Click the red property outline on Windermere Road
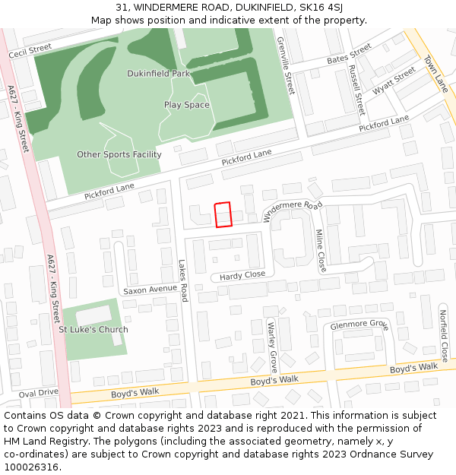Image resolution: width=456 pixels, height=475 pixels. [223, 214]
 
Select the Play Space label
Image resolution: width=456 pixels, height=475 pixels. [187, 105]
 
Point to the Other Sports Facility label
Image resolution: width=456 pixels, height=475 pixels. [119, 155]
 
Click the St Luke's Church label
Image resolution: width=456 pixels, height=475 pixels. [93, 330]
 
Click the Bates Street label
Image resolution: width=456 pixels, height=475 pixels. [349, 54]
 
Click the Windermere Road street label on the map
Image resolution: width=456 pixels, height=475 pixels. [293, 211]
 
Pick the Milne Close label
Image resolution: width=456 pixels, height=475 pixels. [321, 251]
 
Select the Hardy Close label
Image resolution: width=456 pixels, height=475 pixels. [242, 275]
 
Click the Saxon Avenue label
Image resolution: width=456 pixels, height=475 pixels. [150, 290]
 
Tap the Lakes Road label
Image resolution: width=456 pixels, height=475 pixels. [182, 281]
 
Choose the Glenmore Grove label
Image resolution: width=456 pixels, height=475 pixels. [359, 325]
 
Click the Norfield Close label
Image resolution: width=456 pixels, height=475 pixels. [443, 334]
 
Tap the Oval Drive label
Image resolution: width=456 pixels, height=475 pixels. [38, 393]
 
